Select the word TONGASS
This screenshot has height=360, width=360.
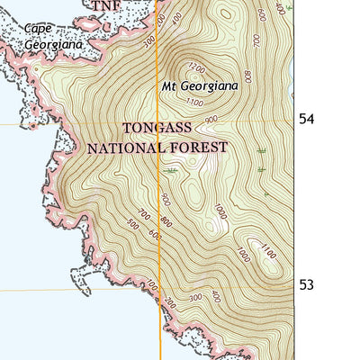coord(158,129)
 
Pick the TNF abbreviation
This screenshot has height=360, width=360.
coord(104,5)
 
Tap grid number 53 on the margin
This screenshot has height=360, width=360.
coord(307,285)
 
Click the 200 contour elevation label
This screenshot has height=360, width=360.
coord(215,295)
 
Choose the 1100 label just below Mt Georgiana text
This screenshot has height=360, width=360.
coord(194,103)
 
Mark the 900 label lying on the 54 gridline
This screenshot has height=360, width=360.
coord(212,120)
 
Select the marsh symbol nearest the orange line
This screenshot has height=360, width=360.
coord(171,168)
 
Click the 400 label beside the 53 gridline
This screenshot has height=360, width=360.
coord(150,286)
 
